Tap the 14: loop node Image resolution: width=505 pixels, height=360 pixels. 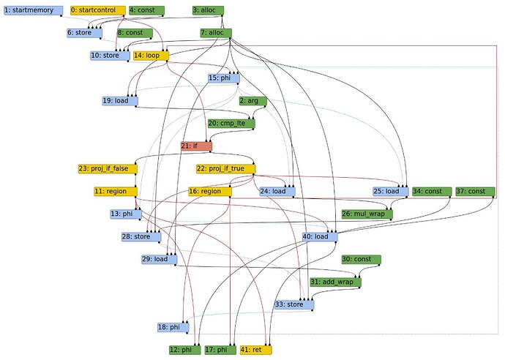click(x=150, y=55)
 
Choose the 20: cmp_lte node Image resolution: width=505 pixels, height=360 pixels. click(x=231, y=124)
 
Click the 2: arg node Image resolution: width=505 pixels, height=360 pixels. click(x=252, y=101)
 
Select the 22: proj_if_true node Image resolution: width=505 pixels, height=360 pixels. click(x=225, y=168)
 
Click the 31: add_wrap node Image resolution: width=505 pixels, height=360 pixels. click(x=335, y=282)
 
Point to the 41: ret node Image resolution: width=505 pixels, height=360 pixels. click(x=256, y=350)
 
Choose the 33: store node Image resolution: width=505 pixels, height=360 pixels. click(x=293, y=304)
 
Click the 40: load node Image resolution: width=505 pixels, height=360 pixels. click(x=320, y=236)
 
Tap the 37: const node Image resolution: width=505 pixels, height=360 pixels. click(x=471, y=191)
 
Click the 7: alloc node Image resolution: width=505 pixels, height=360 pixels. click(x=216, y=33)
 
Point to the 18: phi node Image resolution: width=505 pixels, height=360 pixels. click(x=173, y=326)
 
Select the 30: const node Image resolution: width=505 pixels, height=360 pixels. click(x=361, y=259)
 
